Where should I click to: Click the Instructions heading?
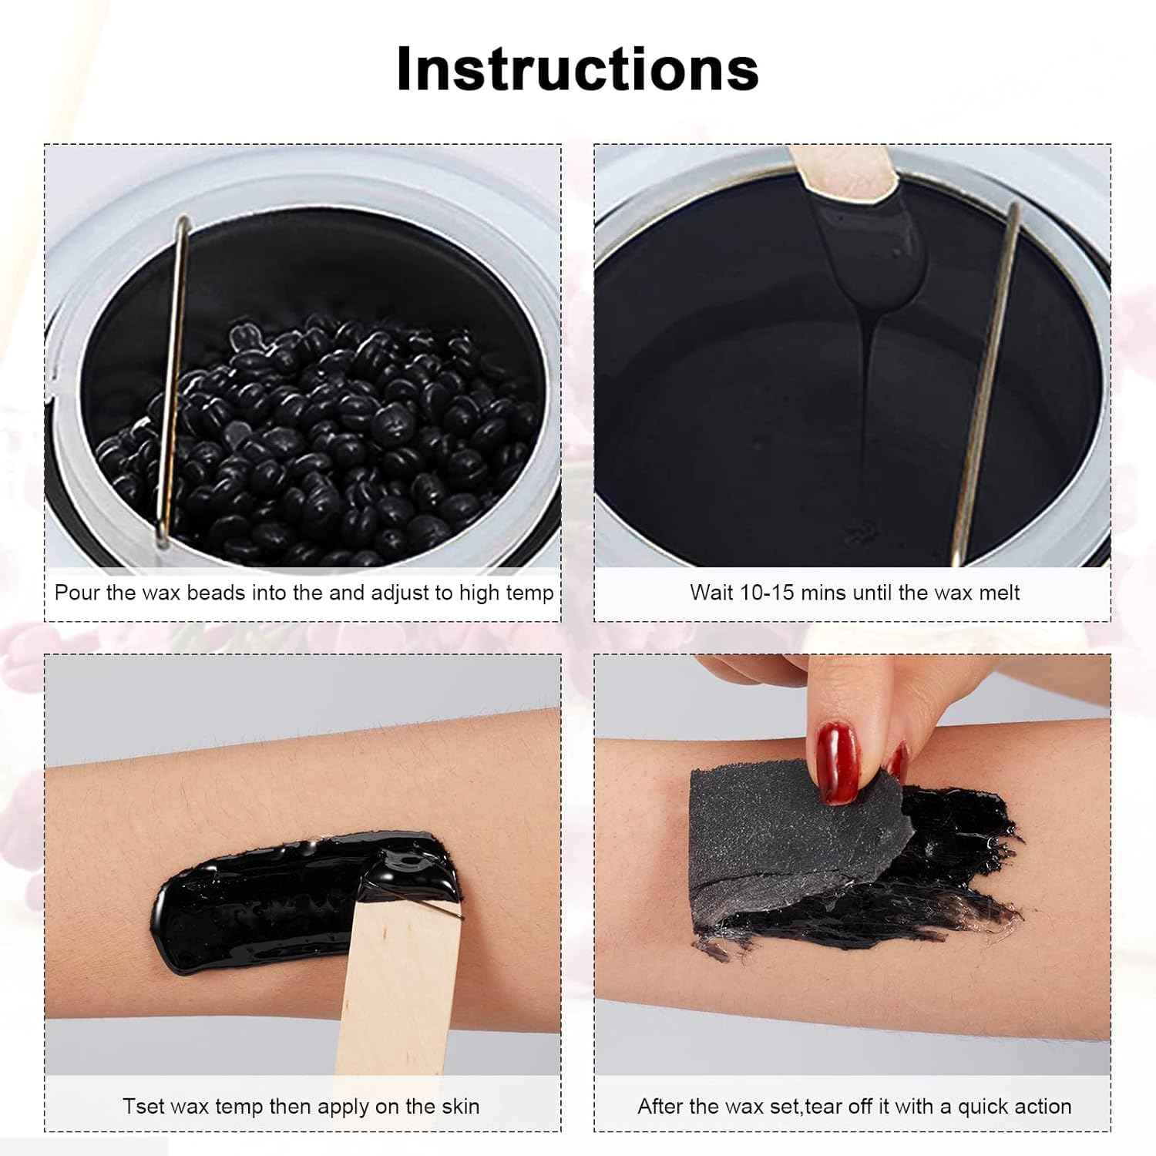pyautogui.click(x=577, y=69)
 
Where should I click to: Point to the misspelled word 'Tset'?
pyautogui.click(x=143, y=1107)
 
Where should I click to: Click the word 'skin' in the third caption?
pyautogui.click(x=461, y=1107)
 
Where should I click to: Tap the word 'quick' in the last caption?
pyautogui.click(x=973, y=1107)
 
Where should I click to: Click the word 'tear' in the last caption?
pyautogui.click(x=825, y=1107)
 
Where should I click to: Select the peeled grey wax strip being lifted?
pyautogui.click(x=786, y=840)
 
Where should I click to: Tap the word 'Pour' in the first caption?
pyautogui.click(x=74, y=593)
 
